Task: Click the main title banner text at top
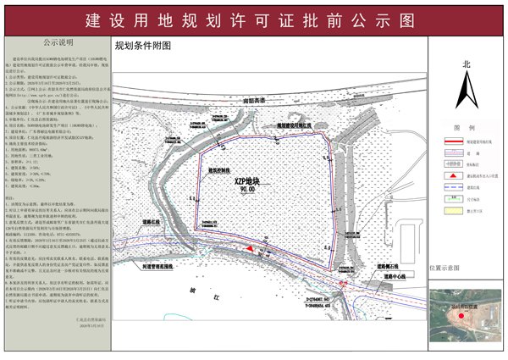pyautogui.click(x=253, y=19)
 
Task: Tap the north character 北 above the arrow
pyautogui.click(x=466, y=64)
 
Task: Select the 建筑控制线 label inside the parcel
pyautogui.click(x=222, y=169)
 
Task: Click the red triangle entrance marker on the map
pyautogui.click(x=251, y=247)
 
